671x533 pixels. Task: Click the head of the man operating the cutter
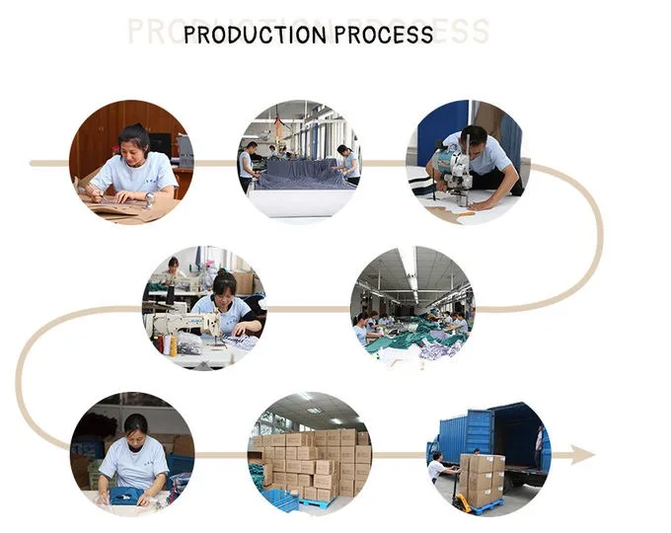click(x=474, y=137)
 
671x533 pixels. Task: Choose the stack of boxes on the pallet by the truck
click(x=482, y=479)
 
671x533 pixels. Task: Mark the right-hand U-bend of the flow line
click(x=596, y=237)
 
